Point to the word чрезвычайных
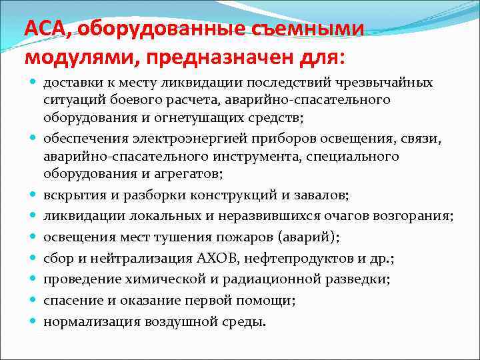pos(395,83)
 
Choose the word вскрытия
pos(69,195)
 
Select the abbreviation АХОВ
pos(215,258)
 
